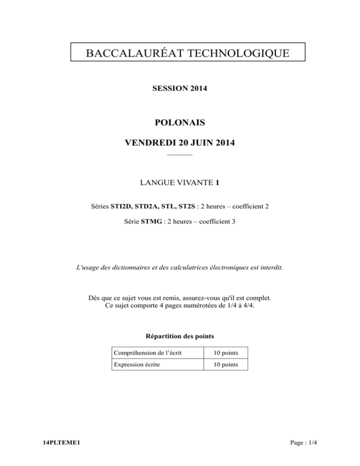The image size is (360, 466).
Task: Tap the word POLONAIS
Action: (180, 123)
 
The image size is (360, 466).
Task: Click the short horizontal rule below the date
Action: (180, 154)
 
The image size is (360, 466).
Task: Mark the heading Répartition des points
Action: (180, 336)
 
